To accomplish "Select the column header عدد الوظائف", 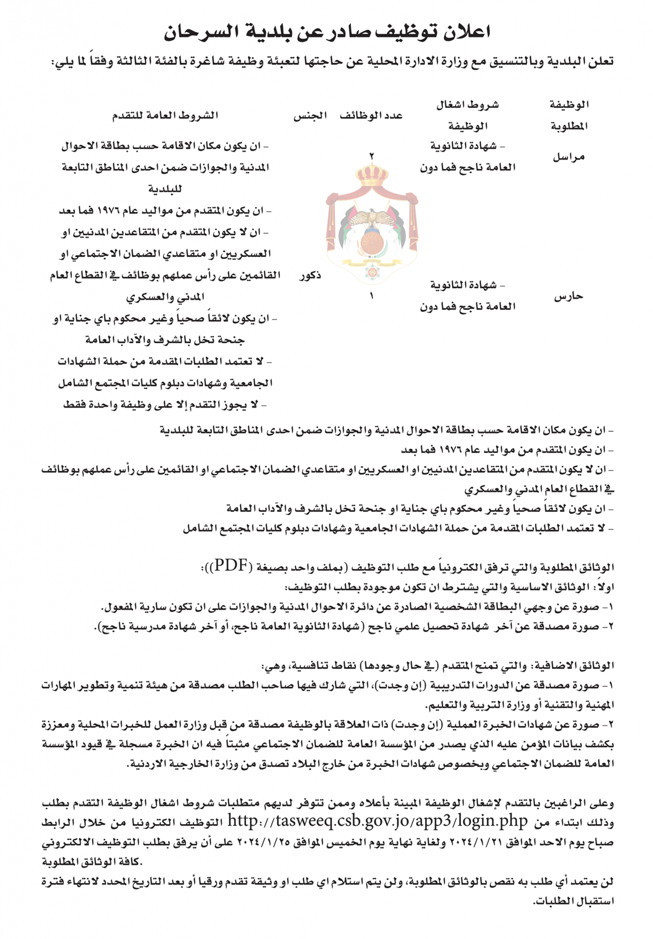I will (x=371, y=115).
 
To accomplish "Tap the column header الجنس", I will (x=310, y=115).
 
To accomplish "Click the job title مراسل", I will (x=569, y=157).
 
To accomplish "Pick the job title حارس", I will (x=569, y=296).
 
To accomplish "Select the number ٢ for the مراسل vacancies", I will (x=372, y=156).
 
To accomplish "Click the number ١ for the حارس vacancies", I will (x=372, y=296).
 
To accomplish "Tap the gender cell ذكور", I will (x=310, y=276).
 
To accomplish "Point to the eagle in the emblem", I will (x=371, y=218).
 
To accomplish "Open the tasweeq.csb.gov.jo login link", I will (x=377, y=821).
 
